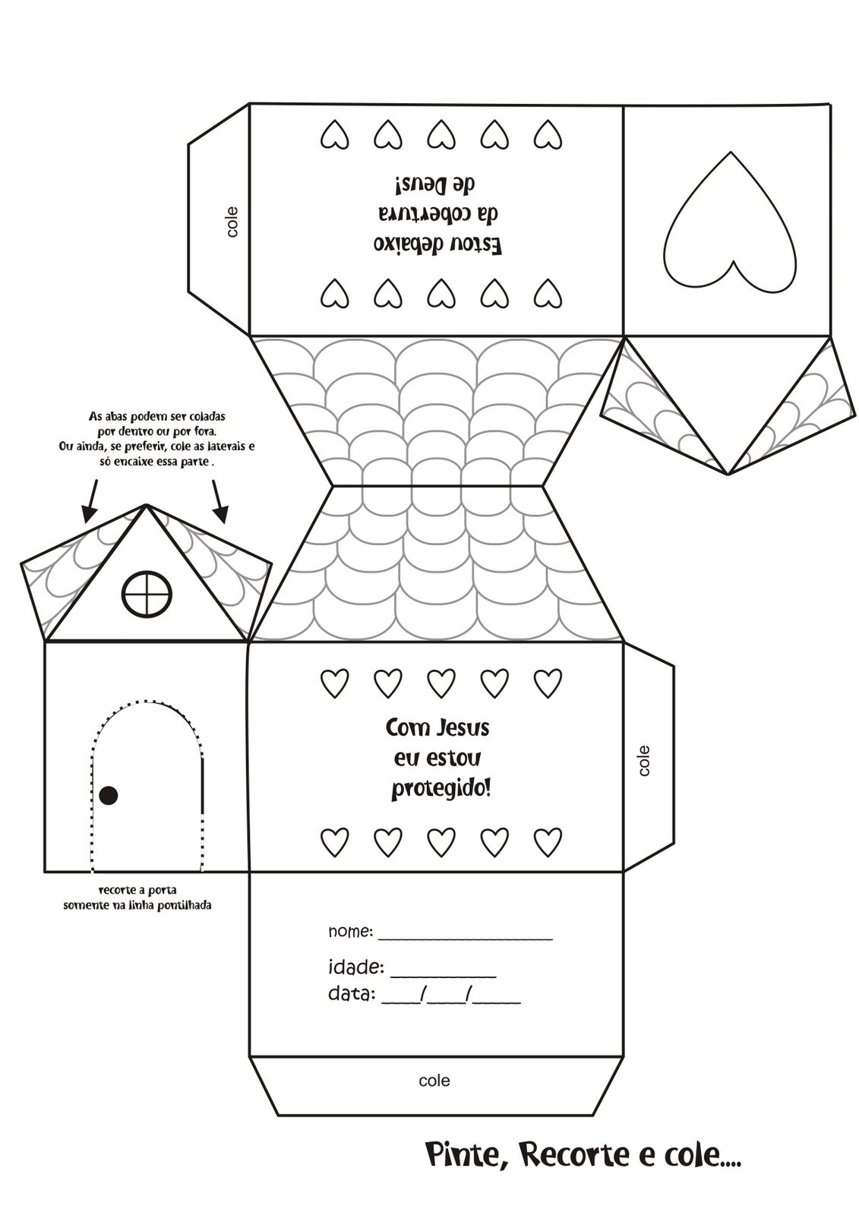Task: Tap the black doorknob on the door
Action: tap(109, 795)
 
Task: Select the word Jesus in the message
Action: tap(463, 728)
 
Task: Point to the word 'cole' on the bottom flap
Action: tap(434, 1080)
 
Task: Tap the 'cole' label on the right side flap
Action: tap(645, 760)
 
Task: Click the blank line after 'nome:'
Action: tap(465, 937)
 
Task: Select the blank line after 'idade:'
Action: tap(443, 974)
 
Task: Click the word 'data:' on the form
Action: tap(351, 994)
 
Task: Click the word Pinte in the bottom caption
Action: tap(460, 1157)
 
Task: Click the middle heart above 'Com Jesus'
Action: tap(441, 683)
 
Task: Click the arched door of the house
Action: tap(147, 790)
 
